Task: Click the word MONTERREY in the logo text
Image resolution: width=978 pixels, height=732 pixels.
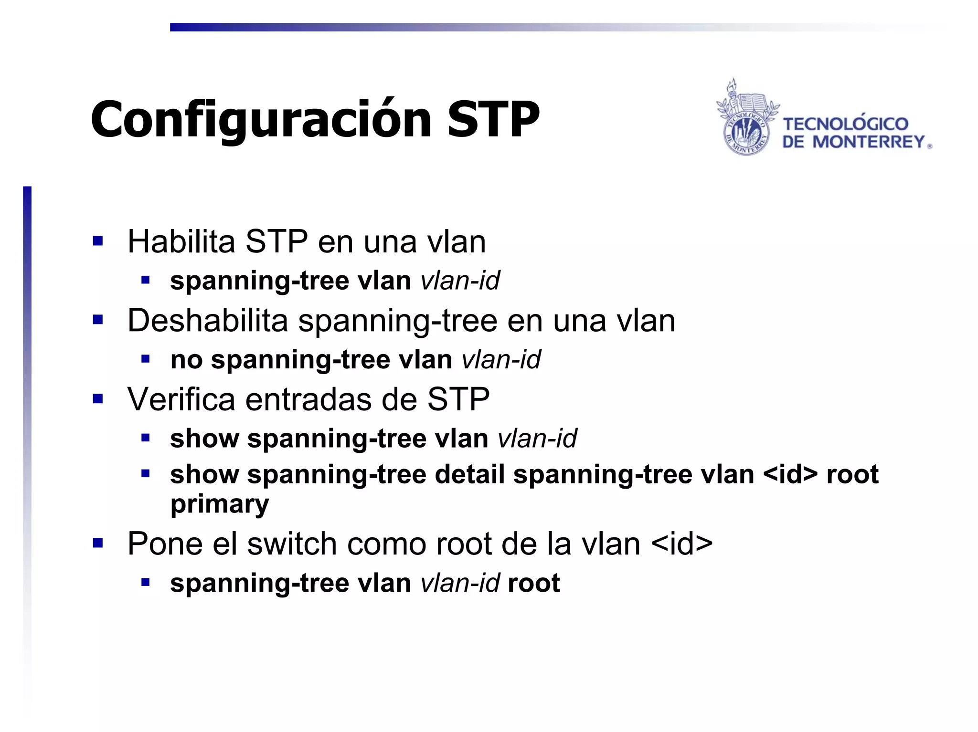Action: pos(869,142)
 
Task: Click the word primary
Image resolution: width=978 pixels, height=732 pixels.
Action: pos(220,504)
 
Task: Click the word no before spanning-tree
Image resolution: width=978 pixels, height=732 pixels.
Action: pos(186,360)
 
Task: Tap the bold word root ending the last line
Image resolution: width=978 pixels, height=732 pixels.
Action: pos(534,583)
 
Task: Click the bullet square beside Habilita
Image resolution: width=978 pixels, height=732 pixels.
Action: pos(98,241)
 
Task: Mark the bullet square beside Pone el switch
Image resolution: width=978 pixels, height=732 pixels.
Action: pos(98,543)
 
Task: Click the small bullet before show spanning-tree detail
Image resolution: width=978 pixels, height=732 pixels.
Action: pos(146,474)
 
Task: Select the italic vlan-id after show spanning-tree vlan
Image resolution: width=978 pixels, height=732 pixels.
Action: pos(537,439)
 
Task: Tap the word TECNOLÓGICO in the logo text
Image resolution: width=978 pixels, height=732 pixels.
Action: pos(845,124)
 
